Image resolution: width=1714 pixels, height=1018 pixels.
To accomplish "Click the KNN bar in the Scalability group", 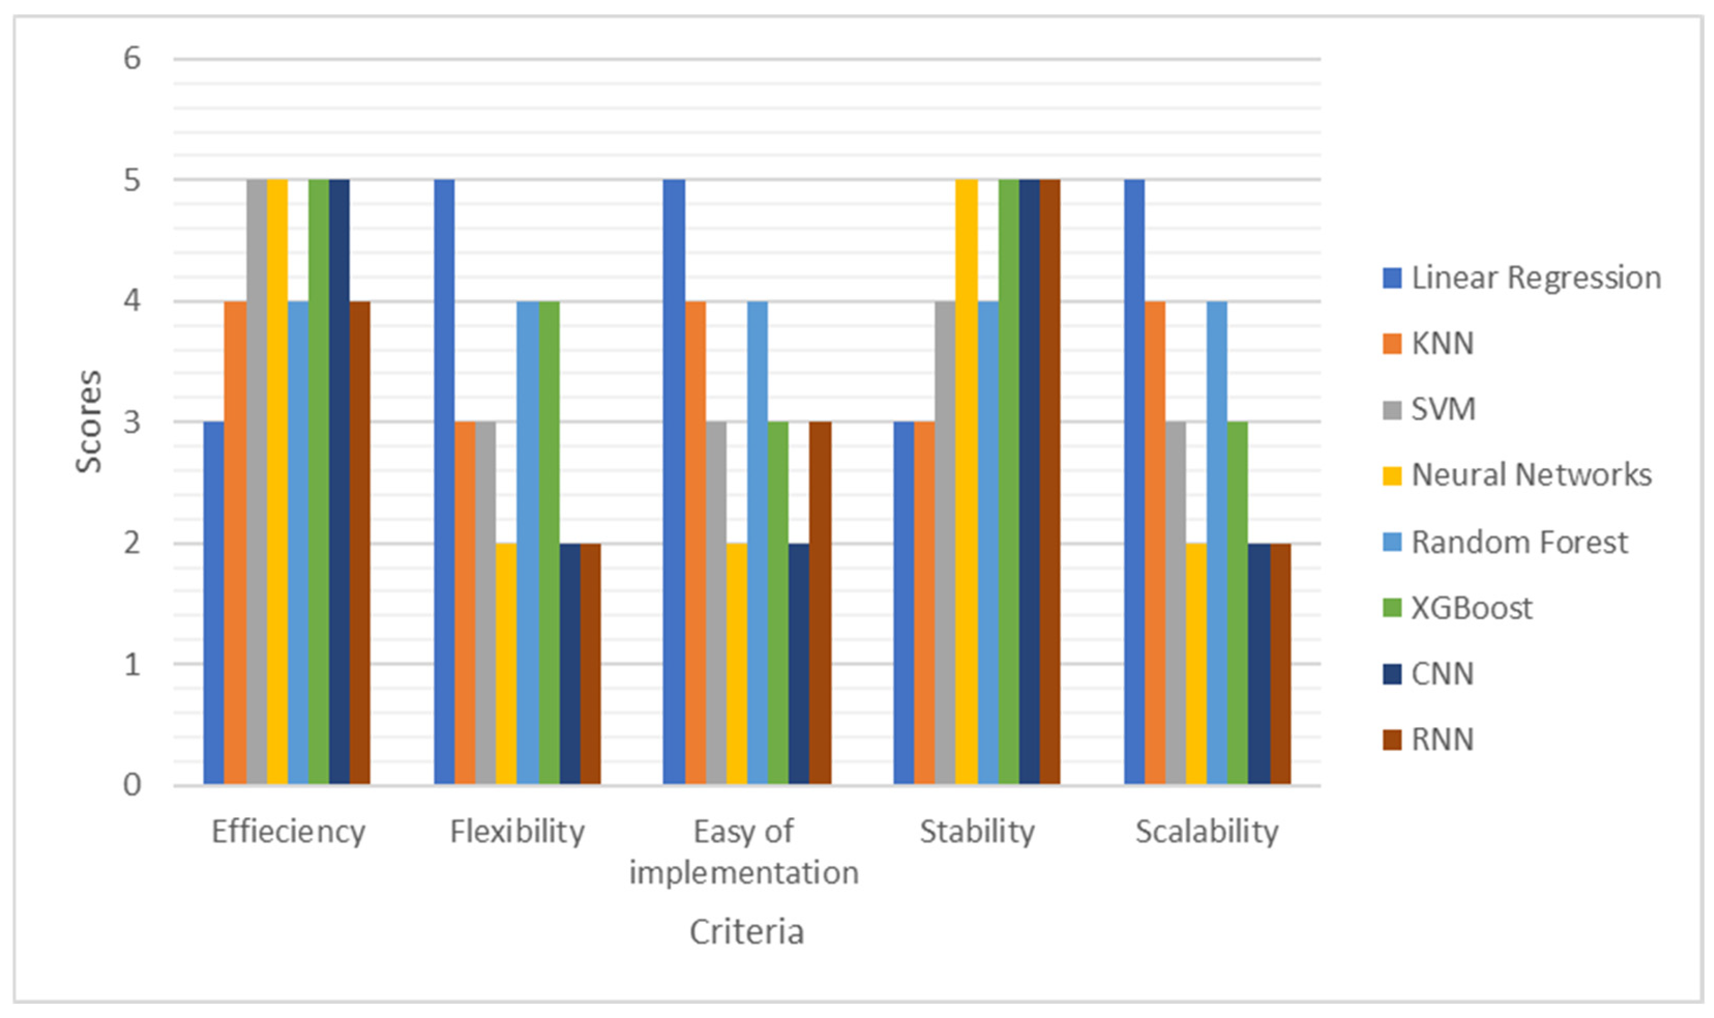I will coord(1154,542).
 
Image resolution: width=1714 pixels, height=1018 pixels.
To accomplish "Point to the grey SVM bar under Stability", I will coord(945,542).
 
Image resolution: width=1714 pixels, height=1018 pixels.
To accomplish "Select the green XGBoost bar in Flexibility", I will coord(549,542).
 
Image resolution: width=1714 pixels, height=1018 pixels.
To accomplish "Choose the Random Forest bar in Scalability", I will coord(1217,542).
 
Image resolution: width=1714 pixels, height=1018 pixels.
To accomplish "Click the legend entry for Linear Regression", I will coord(1535,278).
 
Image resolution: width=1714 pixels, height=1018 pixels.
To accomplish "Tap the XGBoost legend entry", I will coord(1470,608).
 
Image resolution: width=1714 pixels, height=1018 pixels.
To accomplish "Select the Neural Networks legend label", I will coord(1531,475).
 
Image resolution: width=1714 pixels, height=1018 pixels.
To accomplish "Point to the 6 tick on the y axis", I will coord(131,59).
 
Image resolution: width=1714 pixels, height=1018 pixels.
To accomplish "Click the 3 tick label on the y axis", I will coord(131,422).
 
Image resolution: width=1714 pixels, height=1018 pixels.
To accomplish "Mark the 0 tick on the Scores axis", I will coord(131,784).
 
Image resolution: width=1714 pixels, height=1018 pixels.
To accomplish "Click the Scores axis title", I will coord(89,421).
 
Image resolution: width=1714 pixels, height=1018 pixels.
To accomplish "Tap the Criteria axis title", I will coord(746,932).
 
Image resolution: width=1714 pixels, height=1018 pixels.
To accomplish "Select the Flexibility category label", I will coord(517,832).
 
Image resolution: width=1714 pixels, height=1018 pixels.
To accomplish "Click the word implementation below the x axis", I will coord(743,873).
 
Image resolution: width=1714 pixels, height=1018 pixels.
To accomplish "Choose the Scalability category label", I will coord(1206,832).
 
